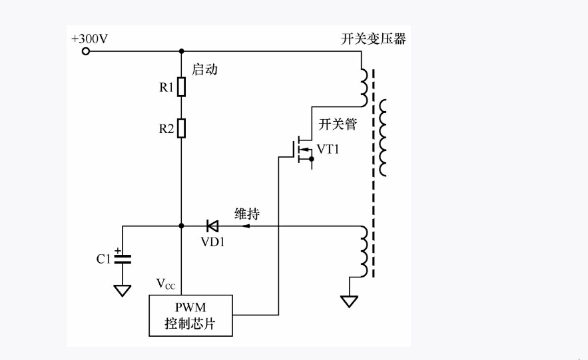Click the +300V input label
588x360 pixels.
[89, 39]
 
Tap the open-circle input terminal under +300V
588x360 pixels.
[85, 51]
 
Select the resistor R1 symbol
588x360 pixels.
[181, 87]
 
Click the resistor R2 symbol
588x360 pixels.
[181, 127]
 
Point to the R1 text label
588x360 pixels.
[166, 87]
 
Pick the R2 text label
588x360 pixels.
[166, 129]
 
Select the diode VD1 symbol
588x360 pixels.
[212, 226]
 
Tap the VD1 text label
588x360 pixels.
[213, 242]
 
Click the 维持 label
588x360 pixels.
[247, 214]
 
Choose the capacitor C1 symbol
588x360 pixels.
[123, 258]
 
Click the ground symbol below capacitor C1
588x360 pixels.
[123, 290]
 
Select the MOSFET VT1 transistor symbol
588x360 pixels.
[301, 151]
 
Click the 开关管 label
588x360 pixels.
[338, 124]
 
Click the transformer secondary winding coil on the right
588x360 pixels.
[384, 138]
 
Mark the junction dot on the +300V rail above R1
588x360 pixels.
[181, 51]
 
